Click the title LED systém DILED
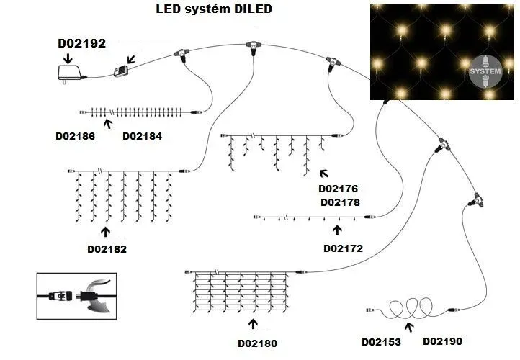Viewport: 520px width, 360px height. (214, 10)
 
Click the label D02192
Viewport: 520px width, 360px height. (81, 43)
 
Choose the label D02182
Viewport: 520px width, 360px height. (107, 249)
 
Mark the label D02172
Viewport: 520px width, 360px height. (343, 248)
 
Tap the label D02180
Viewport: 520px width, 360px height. (257, 343)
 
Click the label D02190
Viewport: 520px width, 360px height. (442, 341)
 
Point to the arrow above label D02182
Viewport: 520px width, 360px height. (106, 231)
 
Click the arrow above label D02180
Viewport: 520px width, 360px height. (252, 325)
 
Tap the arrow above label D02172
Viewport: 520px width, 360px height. (337, 230)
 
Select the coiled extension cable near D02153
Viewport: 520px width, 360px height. (407, 310)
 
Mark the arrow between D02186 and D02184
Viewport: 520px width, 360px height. (108, 124)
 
